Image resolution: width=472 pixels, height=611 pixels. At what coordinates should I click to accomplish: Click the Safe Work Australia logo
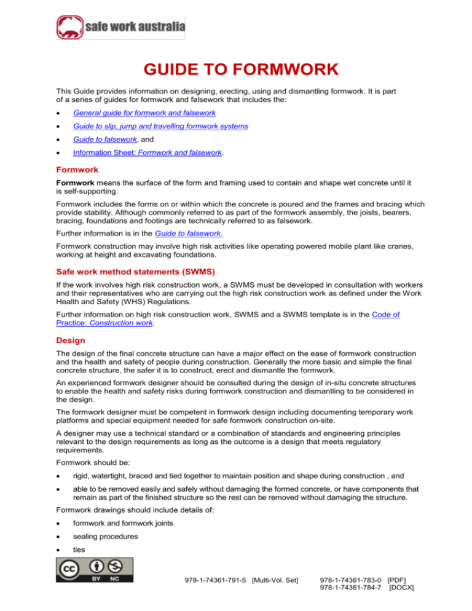point(120,28)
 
